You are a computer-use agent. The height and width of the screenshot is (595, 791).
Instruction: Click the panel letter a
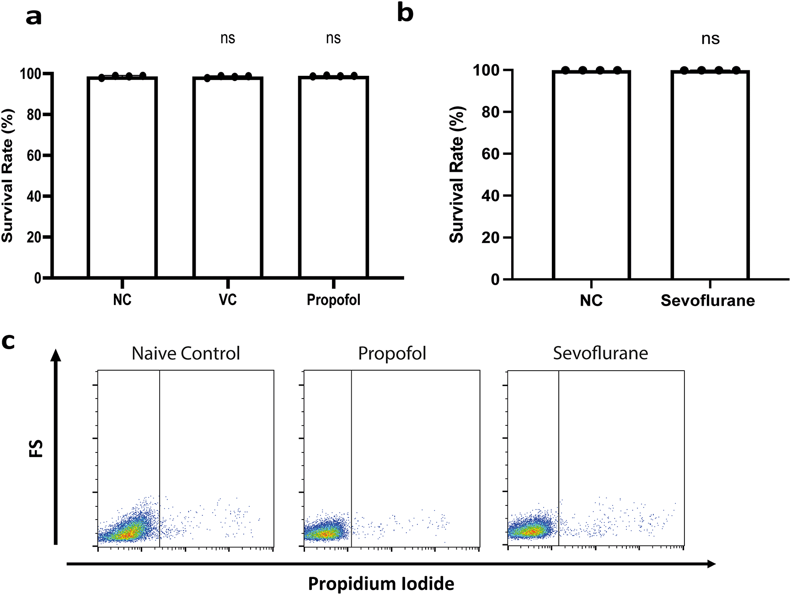pyautogui.click(x=34, y=17)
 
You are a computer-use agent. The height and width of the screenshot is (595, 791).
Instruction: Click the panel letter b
pyautogui.click(x=405, y=13)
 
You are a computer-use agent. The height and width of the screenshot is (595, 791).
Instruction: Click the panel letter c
pyautogui.click(x=8, y=341)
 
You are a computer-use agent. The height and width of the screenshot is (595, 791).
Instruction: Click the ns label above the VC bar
pyautogui.click(x=228, y=38)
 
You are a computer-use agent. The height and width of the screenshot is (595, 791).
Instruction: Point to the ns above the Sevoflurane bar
pyautogui.click(x=711, y=39)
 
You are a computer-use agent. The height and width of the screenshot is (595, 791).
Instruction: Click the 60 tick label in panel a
pyautogui.click(x=34, y=155)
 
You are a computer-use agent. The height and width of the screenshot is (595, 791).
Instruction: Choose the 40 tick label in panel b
pyautogui.click(x=491, y=196)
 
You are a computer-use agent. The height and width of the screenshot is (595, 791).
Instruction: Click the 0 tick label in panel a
pyautogui.click(x=38, y=278)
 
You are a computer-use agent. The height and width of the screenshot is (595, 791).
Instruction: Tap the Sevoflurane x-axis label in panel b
pyautogui.click(x=708, y=301)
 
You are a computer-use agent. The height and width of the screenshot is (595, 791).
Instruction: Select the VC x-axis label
pyautogui.click(x=228, y=300)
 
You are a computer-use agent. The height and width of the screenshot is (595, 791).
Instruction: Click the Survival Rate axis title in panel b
pyautogui.click(x=457, y=174)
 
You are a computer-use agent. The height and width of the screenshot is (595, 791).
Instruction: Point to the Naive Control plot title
pyautogui.click(x=186, y=353)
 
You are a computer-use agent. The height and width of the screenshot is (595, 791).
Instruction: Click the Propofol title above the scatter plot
pyautogui.click(x=392, y=353)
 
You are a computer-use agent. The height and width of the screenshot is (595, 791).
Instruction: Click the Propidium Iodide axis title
pyautogui.click(x=381, y=584)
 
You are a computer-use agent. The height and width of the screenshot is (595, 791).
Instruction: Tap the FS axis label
pyautogui.click(x=36, y=448)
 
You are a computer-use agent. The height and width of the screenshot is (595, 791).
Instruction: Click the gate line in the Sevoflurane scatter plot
pyautogui.click(x=559, y=457)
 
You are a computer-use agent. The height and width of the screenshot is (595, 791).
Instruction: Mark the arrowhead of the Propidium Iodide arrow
pyautogui.click(x=711, y=564)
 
